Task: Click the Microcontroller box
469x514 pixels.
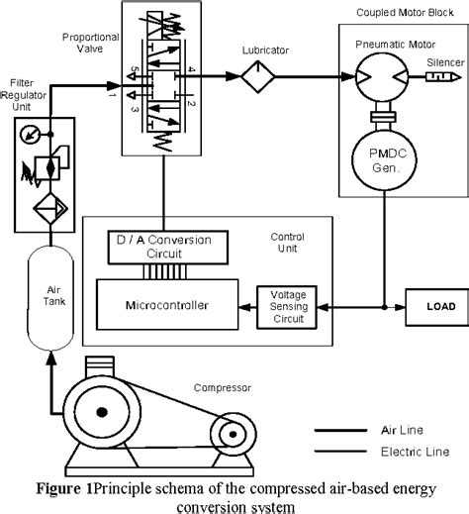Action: coord(167,297)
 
